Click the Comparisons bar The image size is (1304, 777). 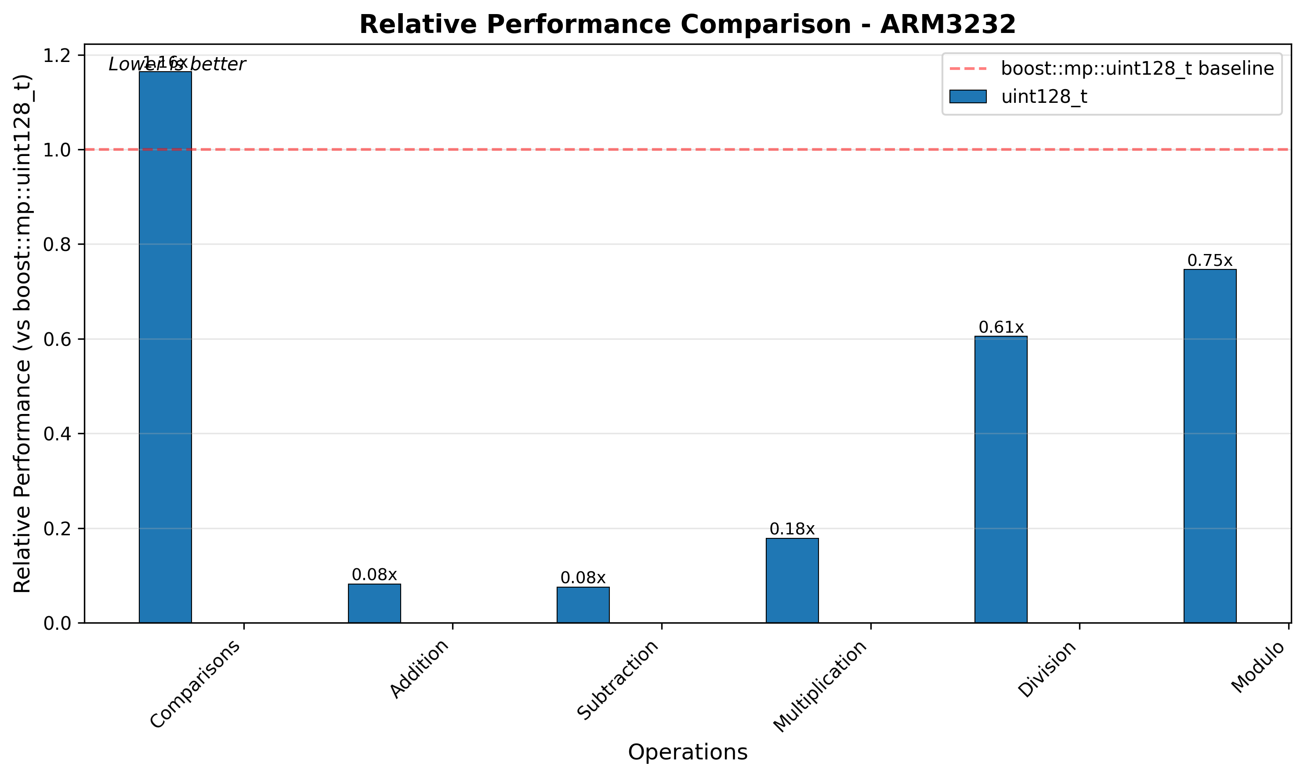[165, 347]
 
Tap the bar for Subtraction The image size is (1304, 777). [583, 605]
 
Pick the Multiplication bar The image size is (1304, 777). [792, 580]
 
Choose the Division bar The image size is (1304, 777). [1000, 479]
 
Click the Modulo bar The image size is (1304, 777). [1210, 446]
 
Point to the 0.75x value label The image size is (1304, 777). [1210, 260]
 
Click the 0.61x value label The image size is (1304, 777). [1000, 327]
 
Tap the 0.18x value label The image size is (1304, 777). [792, 529]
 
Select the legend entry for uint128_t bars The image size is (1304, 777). [1044, 97]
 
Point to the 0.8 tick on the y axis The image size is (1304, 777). [57, 244]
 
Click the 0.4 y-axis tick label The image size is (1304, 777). [57, 434]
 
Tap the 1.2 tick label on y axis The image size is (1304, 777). [57, 55]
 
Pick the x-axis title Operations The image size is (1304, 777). [687, 752]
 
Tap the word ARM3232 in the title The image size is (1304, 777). [948, 25]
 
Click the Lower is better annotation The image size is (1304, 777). [177, 65]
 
